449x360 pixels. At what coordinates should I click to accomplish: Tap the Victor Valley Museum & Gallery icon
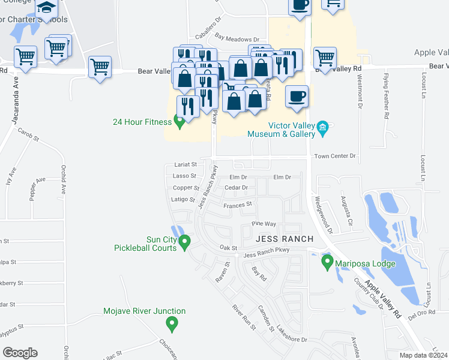point(322,127)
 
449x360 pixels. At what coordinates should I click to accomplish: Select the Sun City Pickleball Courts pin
point(185,242)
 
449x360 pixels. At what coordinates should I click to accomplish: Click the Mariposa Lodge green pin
point(327,261)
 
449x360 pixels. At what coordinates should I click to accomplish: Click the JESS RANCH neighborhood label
point(285,239)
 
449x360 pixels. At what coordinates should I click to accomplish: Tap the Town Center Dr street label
point(334,156)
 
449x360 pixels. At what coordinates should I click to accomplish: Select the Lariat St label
point(185,164)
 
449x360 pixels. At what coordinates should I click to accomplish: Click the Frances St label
point(237,205)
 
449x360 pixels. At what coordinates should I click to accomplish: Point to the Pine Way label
point(264,224)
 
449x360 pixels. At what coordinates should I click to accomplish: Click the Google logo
point(20,353)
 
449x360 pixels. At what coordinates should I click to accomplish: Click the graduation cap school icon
point(46,8)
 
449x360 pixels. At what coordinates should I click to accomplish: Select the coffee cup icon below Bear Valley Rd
point(298,97)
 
